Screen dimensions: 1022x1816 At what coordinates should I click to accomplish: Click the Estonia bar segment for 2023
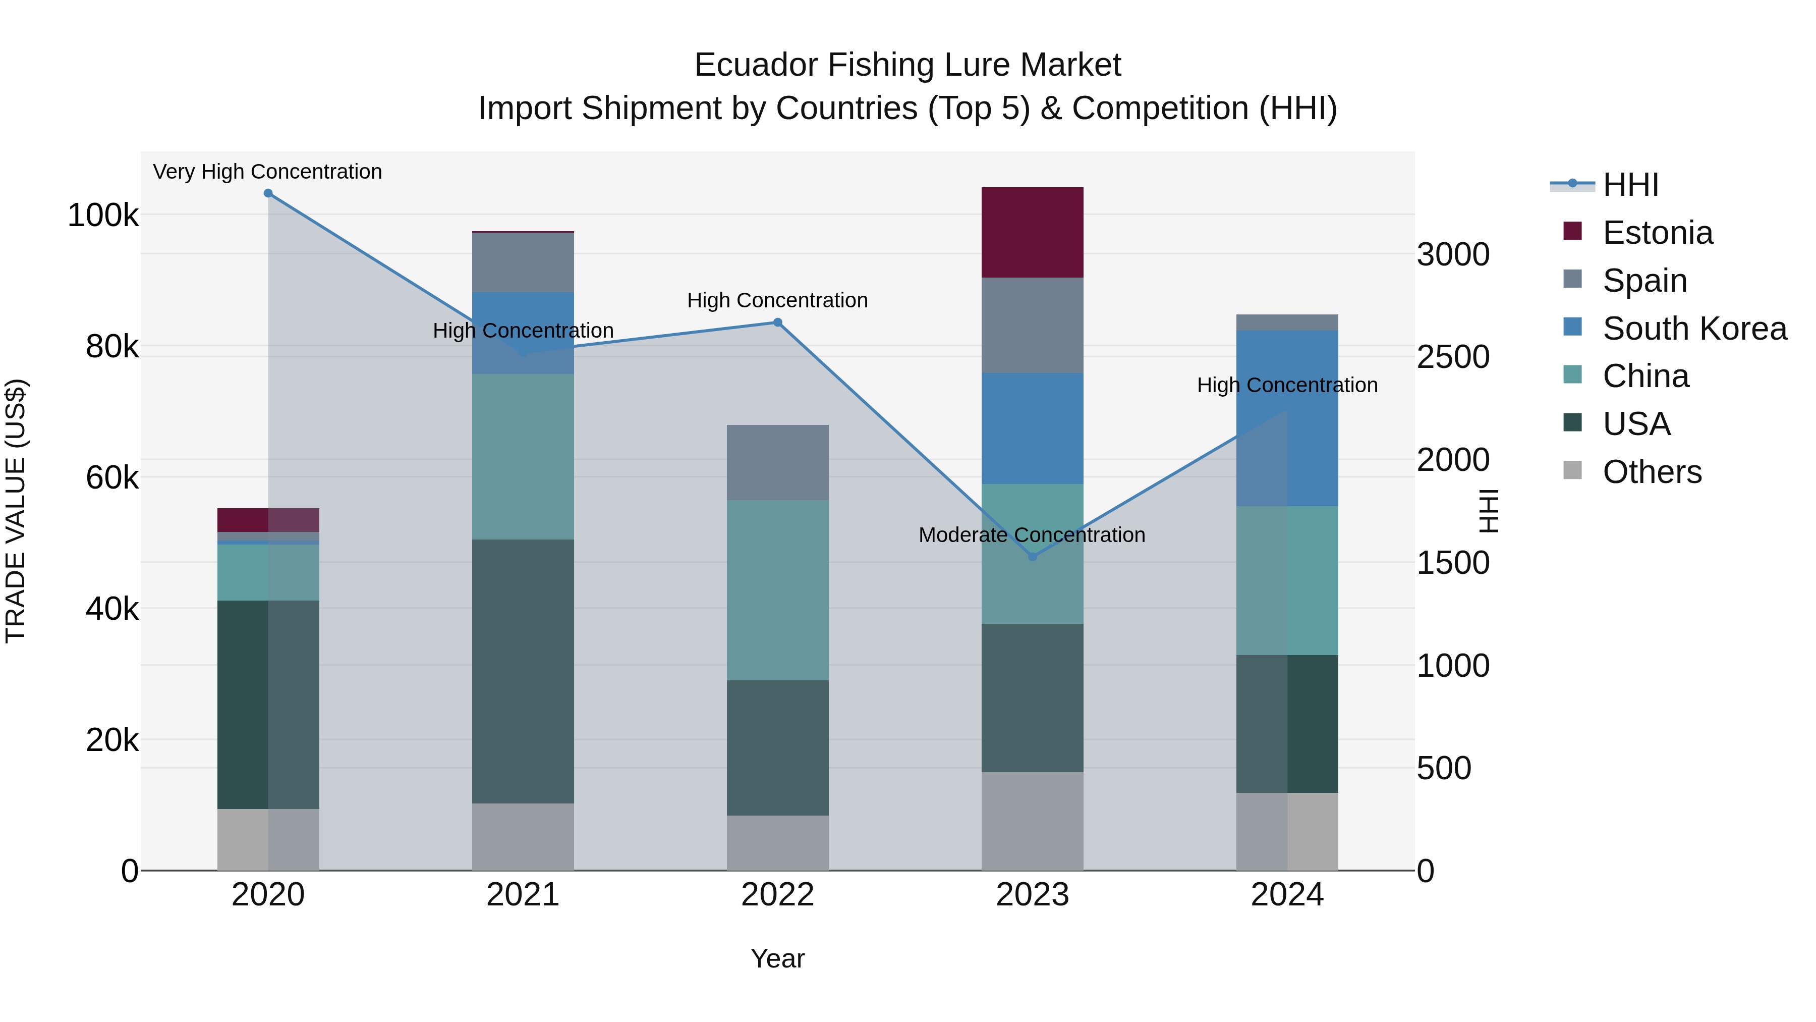[x=1032, y=232]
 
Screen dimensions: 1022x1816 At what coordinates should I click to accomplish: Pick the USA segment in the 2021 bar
[x=523, y=671]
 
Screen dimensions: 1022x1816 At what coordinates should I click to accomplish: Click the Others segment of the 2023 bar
[x=1032, y=821]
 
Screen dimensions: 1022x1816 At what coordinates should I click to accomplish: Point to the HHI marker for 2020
[x=268, y=193]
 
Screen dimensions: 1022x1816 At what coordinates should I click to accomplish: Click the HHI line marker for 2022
[x=777, y=322]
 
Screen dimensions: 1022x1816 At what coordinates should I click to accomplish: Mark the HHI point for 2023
[x=1033, y=557]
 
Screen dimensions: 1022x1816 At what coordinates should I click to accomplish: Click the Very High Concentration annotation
[x=267, y=172]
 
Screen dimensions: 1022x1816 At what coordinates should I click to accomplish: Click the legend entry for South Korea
[x=1694, y=329]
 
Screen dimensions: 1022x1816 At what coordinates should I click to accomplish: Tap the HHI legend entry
[x=1630, y=185]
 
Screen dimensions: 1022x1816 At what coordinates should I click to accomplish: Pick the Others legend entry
[x=1652, y=472]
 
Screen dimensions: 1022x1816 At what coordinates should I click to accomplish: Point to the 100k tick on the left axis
[x=103, y=215]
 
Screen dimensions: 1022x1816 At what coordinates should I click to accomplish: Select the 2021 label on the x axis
[x=523, y=895]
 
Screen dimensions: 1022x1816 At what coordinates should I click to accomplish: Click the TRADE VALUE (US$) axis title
[x=16, y=511]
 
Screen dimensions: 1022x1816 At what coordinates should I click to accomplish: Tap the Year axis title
[x=777, y=958]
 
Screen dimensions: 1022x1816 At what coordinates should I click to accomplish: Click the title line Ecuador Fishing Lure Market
[x=907, y=65]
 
